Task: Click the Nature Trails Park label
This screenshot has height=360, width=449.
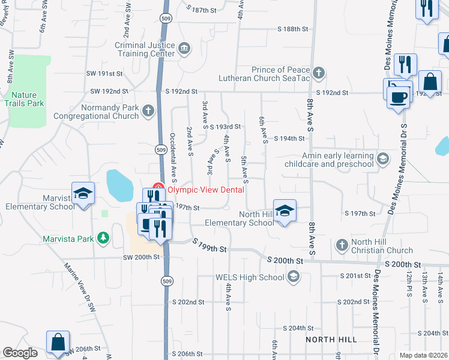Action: [28, 99]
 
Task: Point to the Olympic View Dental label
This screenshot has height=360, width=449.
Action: [205, 190]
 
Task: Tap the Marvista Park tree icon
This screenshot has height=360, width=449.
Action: [103, 238]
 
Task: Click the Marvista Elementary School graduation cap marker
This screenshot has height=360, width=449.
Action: [83, 193]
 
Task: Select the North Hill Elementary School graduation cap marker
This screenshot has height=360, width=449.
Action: [285, 211]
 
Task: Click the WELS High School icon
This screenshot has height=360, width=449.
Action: [293, 277]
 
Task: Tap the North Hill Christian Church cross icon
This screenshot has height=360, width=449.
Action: [342, 245]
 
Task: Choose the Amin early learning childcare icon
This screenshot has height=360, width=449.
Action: [383, 159]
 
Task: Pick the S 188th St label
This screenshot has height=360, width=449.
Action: [292, 29]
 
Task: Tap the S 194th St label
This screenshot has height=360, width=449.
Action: [289, 138]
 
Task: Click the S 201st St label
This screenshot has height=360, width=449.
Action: [355, 276]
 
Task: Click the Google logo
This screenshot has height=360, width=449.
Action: [20, 352]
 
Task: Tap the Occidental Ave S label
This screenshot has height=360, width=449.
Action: [173, 157]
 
